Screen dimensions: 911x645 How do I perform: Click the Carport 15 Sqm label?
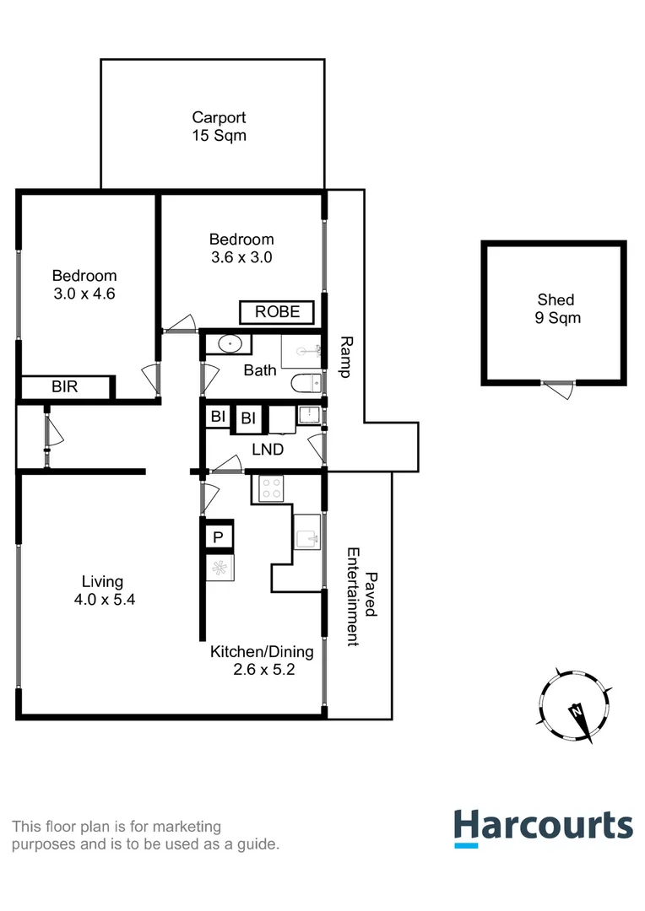coord(219,127)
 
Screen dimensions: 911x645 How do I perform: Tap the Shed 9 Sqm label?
coord(556,309)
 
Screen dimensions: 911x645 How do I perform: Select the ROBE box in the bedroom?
coord(277,311)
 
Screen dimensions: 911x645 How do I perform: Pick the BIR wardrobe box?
coord(66,388)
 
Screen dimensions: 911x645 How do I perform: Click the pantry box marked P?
coord(217,536)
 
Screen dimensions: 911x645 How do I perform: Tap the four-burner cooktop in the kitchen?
coord(271,488)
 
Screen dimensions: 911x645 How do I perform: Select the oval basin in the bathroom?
coord(229,344)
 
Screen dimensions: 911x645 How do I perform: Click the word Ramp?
coord(345,356)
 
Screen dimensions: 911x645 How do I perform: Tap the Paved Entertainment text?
coord(360,596)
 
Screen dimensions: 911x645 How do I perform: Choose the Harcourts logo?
coord(543,827)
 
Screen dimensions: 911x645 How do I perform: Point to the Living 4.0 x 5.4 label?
coord(102,590)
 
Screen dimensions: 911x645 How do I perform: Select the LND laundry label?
coord(268,450)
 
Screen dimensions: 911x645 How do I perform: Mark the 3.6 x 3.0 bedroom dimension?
coord(241,257)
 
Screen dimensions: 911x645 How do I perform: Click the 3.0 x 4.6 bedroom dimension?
coord(84,294)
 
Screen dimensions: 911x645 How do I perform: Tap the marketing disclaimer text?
coord(145,835)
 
